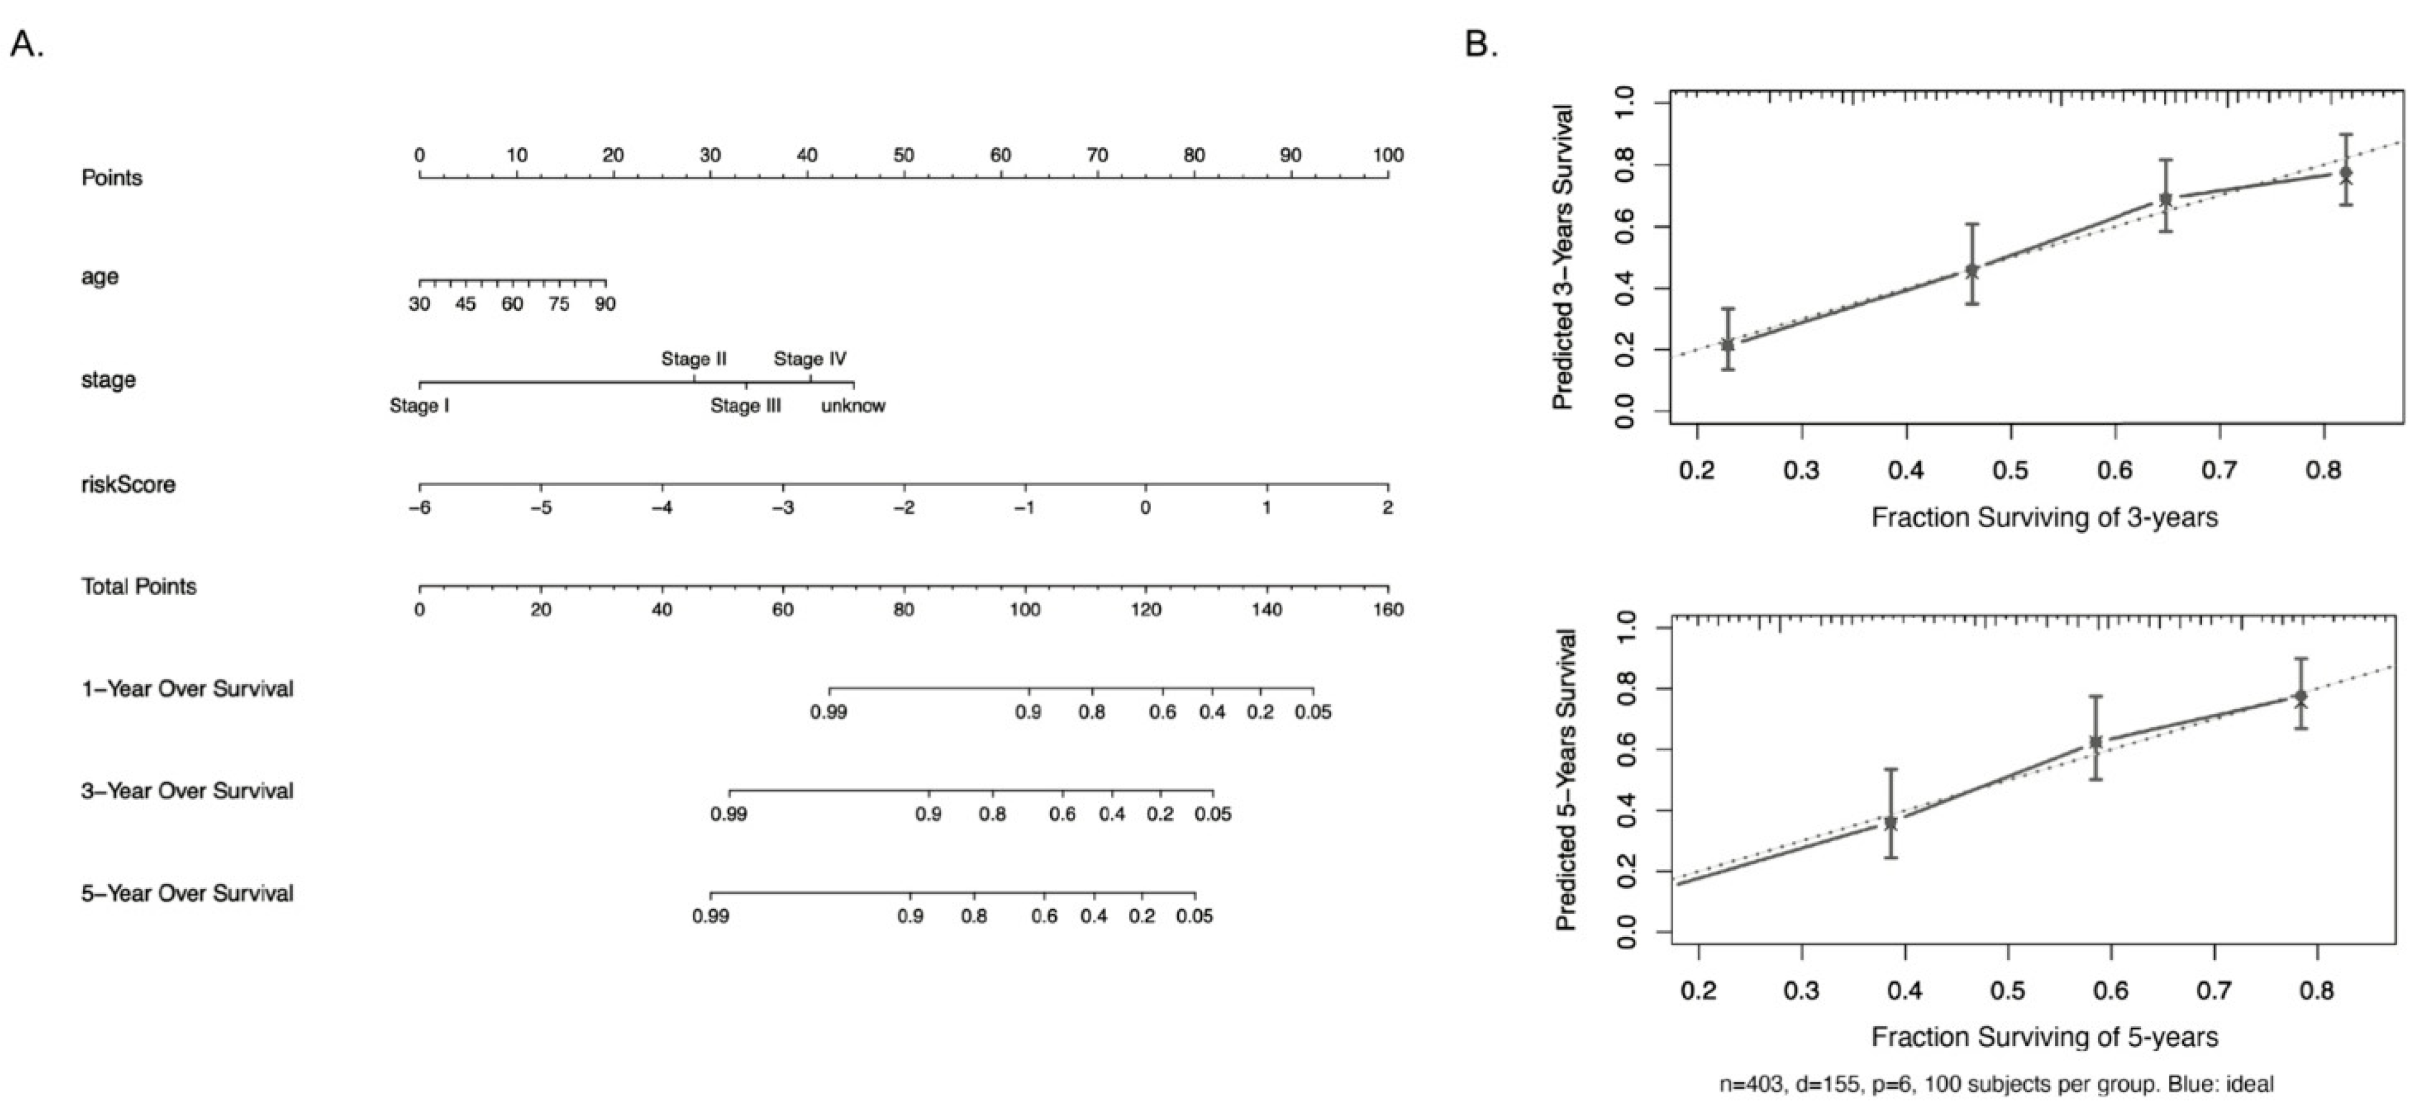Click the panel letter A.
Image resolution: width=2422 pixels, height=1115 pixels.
26,44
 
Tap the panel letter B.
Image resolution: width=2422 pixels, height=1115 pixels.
1481,44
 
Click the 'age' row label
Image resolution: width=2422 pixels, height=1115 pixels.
100,276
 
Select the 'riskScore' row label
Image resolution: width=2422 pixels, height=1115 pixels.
128,484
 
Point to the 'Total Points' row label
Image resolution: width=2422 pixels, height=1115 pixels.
138,587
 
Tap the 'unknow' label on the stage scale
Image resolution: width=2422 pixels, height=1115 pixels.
853,406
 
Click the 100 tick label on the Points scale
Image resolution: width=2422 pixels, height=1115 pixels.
1388,155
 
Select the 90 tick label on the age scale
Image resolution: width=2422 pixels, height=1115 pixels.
605,304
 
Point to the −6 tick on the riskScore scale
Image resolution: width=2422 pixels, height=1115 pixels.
419,508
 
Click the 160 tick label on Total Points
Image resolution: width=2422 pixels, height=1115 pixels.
1388,609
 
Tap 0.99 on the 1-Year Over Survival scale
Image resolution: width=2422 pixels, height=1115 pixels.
828,711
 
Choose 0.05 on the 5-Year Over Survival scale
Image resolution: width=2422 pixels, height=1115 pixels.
1194,916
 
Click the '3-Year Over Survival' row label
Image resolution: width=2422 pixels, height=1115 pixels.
187,791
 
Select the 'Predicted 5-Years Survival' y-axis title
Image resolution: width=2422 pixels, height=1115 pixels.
1565,780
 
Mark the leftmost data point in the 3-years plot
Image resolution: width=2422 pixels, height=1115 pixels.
1727,344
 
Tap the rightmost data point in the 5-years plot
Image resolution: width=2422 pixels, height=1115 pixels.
2300,697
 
